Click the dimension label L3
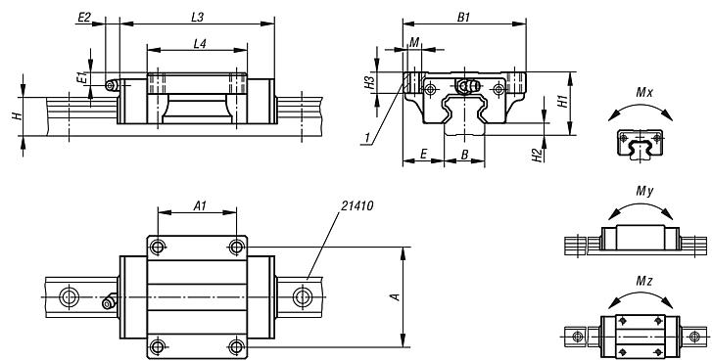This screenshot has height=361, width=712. [196, 18]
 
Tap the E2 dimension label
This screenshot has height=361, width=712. [84, 18]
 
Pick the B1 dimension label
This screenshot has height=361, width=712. [464, 17]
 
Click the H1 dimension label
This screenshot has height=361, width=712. [562, 101]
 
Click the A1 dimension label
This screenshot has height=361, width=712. [198, 206]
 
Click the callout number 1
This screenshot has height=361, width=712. [364, 143]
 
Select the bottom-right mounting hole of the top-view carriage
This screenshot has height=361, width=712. [234, 344]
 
